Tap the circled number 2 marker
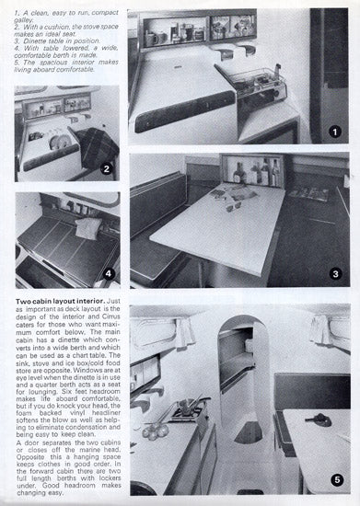pyautogui.click(x=107, y=168)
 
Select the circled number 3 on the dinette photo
pyautogui.click(x=334, y=273)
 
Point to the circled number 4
pyautogui.click(x=107, y=273)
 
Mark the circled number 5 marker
pyautogui.click(x=334, y=479)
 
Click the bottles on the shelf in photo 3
pyautogui.click(x=252, y=173)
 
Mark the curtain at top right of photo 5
pyautogui.click(x=327, y=328)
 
